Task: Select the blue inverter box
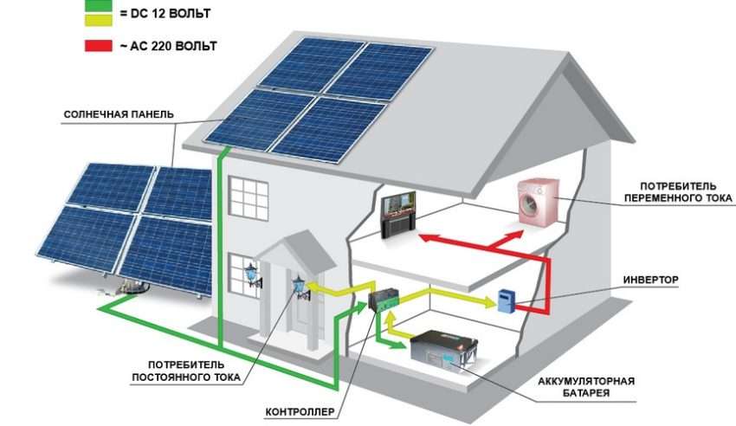click(x=505, y=300)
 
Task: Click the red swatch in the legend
click(x=100, y=45)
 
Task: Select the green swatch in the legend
click(x=100, y=4)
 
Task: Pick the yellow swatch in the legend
click(x=100, y=20)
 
